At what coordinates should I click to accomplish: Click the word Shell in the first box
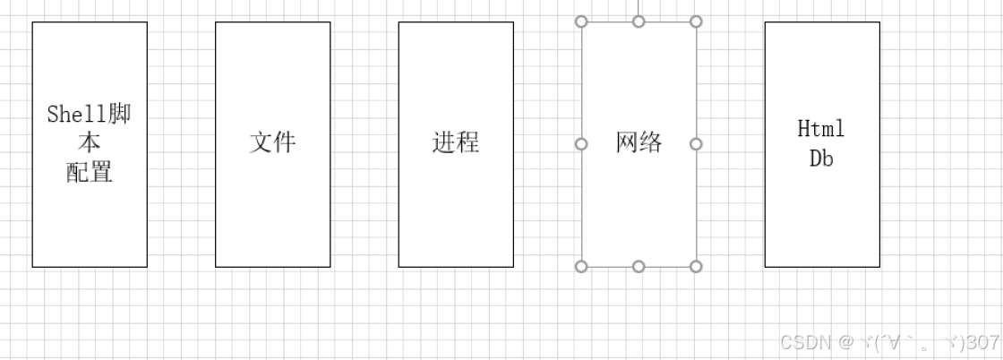pos(75,115)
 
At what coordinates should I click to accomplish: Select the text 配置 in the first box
pos(90,172)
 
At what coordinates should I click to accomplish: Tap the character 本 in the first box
pos(90,143)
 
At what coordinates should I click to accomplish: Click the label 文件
pos(272,142)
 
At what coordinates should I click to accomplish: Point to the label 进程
pos(456,142)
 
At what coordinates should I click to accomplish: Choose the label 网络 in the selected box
pos(639,142)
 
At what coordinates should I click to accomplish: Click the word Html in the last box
pos(821,129)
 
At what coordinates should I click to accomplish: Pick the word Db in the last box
pos(821,159)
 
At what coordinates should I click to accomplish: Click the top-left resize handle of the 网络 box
pos(581,21)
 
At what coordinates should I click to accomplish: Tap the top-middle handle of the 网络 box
pos(639,21)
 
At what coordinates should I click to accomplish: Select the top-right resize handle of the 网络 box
pos(696,21)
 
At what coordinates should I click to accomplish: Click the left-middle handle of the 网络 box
pos(581,143)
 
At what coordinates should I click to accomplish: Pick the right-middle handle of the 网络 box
pos(696,143)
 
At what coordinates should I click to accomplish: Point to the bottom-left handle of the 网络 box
pos(581,266)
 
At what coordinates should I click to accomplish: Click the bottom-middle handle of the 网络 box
pos(639,266)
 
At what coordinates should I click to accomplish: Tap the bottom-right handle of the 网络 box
pos(696,266)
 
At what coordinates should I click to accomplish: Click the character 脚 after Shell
pos(119,115)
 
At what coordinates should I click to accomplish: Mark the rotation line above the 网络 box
pos(639,7)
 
